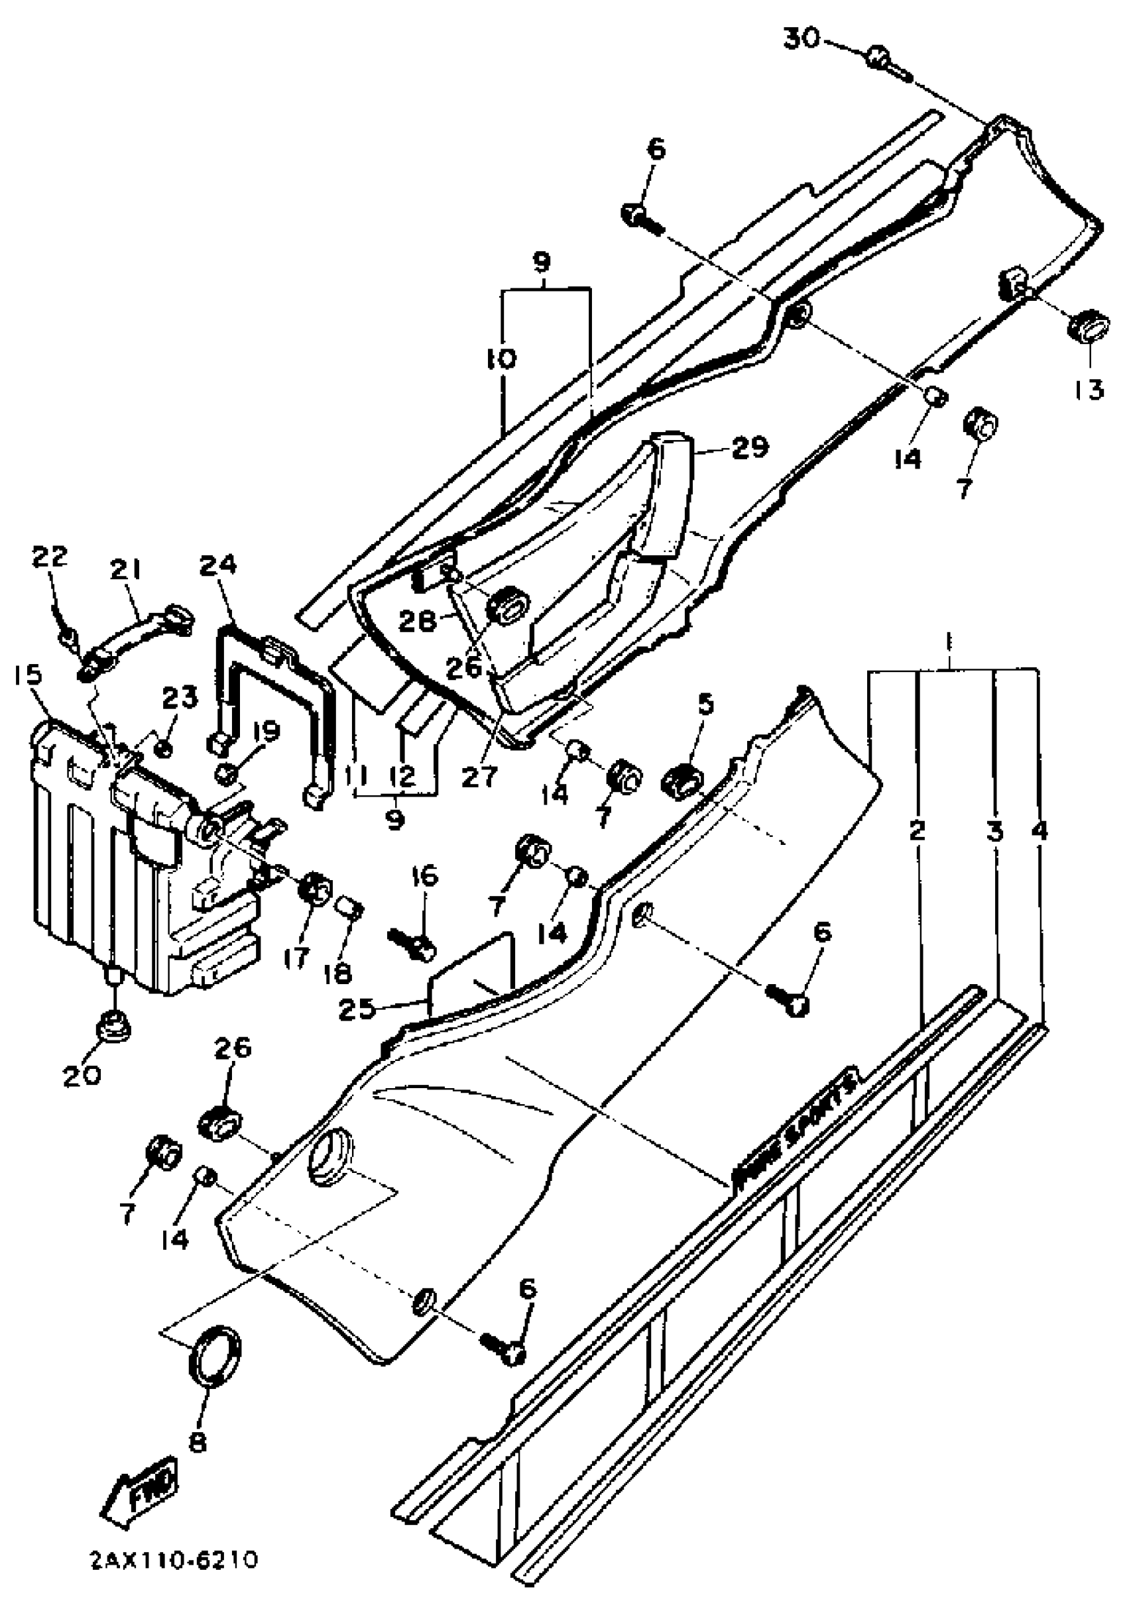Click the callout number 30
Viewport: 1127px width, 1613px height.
pos(801,38)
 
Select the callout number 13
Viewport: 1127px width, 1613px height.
pos(1088,388)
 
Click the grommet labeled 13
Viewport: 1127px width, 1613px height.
pos(1089,327)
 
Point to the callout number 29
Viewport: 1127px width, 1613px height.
pos(749,447)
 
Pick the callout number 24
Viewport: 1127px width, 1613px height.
pos(218,564)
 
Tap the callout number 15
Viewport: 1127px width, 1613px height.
pos(27,675)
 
